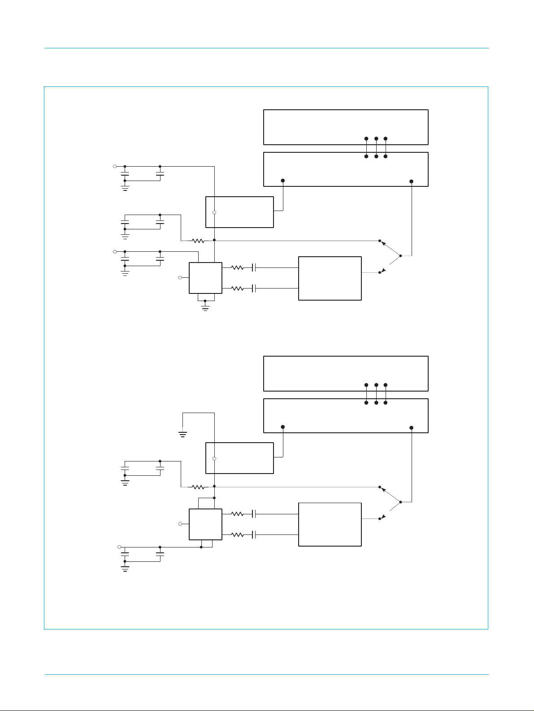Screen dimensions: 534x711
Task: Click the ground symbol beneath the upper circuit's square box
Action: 205,308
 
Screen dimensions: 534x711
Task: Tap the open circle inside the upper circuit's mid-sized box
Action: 214,212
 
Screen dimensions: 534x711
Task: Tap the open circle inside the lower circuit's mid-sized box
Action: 214,459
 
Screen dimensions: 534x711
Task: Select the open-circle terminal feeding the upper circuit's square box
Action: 180,278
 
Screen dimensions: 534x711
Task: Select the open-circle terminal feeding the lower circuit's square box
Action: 180,524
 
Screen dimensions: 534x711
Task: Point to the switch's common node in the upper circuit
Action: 400,256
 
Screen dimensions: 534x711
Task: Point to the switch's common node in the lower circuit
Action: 400,502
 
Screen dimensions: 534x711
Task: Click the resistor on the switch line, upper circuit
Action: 198,241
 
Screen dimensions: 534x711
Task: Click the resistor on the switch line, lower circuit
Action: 198,487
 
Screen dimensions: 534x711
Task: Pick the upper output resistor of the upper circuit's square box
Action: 237,267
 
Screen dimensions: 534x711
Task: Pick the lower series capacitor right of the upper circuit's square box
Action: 254,289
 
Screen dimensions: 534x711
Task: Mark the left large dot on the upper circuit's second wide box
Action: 282,181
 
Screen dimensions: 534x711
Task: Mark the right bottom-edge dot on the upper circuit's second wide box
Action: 412,181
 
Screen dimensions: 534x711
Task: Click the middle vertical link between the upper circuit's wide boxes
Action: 376,147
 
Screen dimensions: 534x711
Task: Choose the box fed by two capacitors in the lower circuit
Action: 330,524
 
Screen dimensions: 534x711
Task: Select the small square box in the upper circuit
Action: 205,278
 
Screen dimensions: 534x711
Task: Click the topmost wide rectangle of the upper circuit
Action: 346,127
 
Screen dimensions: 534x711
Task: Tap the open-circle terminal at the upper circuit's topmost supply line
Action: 115,166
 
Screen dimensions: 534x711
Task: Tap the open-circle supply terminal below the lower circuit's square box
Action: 119,547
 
